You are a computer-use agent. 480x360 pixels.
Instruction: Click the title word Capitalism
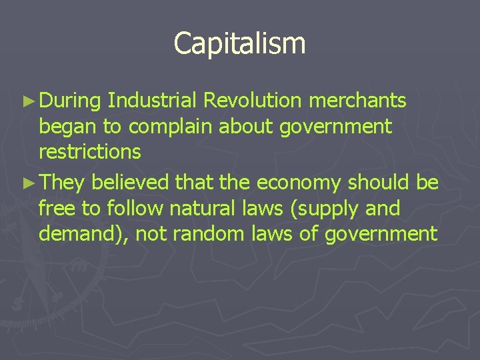[239, 43]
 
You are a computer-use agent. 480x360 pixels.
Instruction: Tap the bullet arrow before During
[27, 101]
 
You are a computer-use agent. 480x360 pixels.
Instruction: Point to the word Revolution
[253, 101]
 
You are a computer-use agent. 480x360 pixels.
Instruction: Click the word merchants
[357, 101]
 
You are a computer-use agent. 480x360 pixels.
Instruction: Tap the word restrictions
[90, 152]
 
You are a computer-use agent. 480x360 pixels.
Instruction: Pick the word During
[69, 101]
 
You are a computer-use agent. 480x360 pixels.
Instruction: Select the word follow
[133, 209]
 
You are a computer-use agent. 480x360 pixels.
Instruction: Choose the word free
[57, 209]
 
